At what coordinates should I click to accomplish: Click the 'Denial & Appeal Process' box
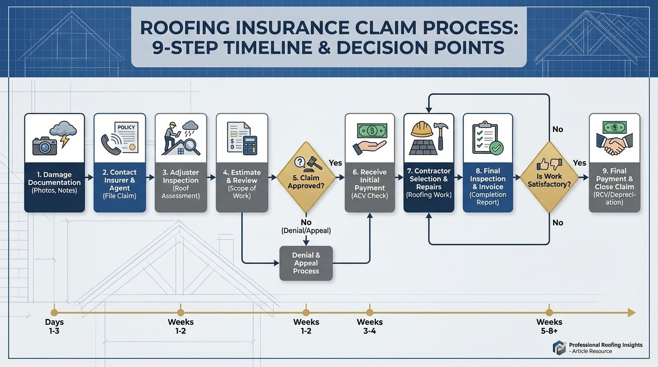click(x=306, y=263)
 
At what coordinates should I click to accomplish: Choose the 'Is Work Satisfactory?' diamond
click(x=549, y=177)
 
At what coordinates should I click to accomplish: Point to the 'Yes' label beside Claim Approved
click(x=336, y=163)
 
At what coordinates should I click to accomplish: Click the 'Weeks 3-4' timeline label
click(x=370, y=326)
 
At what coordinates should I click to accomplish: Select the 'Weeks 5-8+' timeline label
click(x=549, y=326)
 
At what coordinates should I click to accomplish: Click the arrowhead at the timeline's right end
click(x=631, y=313)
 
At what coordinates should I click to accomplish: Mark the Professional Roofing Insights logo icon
click(x=559, y=347)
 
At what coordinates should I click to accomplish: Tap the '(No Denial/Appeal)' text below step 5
click(x=306, y=227)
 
